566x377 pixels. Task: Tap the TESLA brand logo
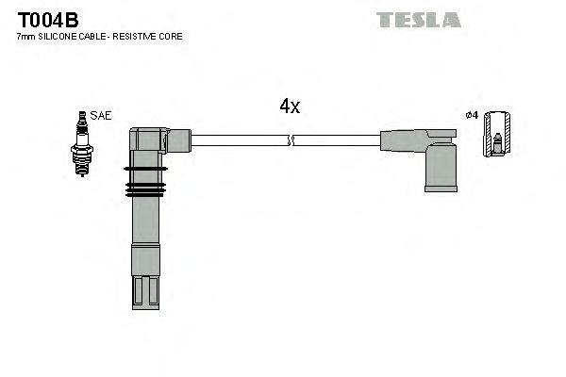point(419,19)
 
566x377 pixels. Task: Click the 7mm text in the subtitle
point(26,37)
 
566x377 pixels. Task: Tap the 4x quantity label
point(290,107)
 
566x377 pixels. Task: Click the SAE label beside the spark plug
point(102,115)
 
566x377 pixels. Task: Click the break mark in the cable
point(290,140)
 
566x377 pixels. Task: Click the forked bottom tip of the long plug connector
point(146,291)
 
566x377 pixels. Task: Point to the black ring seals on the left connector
point(145,183)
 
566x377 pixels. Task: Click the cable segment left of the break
point(240,140)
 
